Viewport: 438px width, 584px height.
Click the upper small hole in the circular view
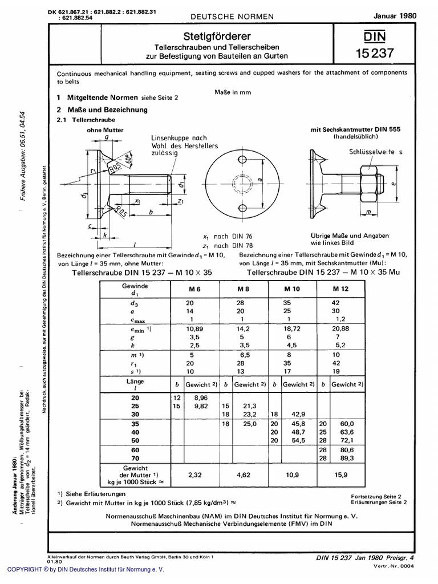point(242,157)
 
